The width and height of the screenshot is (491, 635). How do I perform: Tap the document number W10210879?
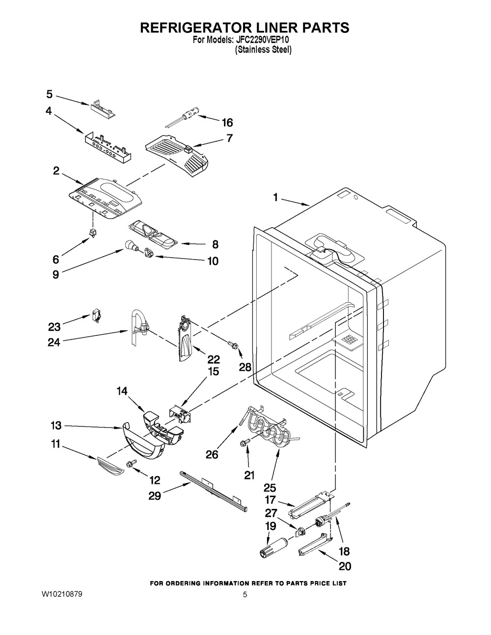click(x=61, y=594)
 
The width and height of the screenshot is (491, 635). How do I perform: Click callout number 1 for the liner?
click(x=275, y=198)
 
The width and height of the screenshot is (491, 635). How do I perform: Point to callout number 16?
click(x=227, y=123)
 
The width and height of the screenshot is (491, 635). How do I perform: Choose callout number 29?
click(x=155, y=496)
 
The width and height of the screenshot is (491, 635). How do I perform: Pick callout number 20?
click(x=345, y=566)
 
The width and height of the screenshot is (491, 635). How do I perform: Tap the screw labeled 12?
click(x=131, y=463)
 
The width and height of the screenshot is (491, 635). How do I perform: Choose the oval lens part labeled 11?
click(x=109, y=466)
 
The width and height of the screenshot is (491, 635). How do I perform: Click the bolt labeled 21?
click(x=244, y=443)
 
